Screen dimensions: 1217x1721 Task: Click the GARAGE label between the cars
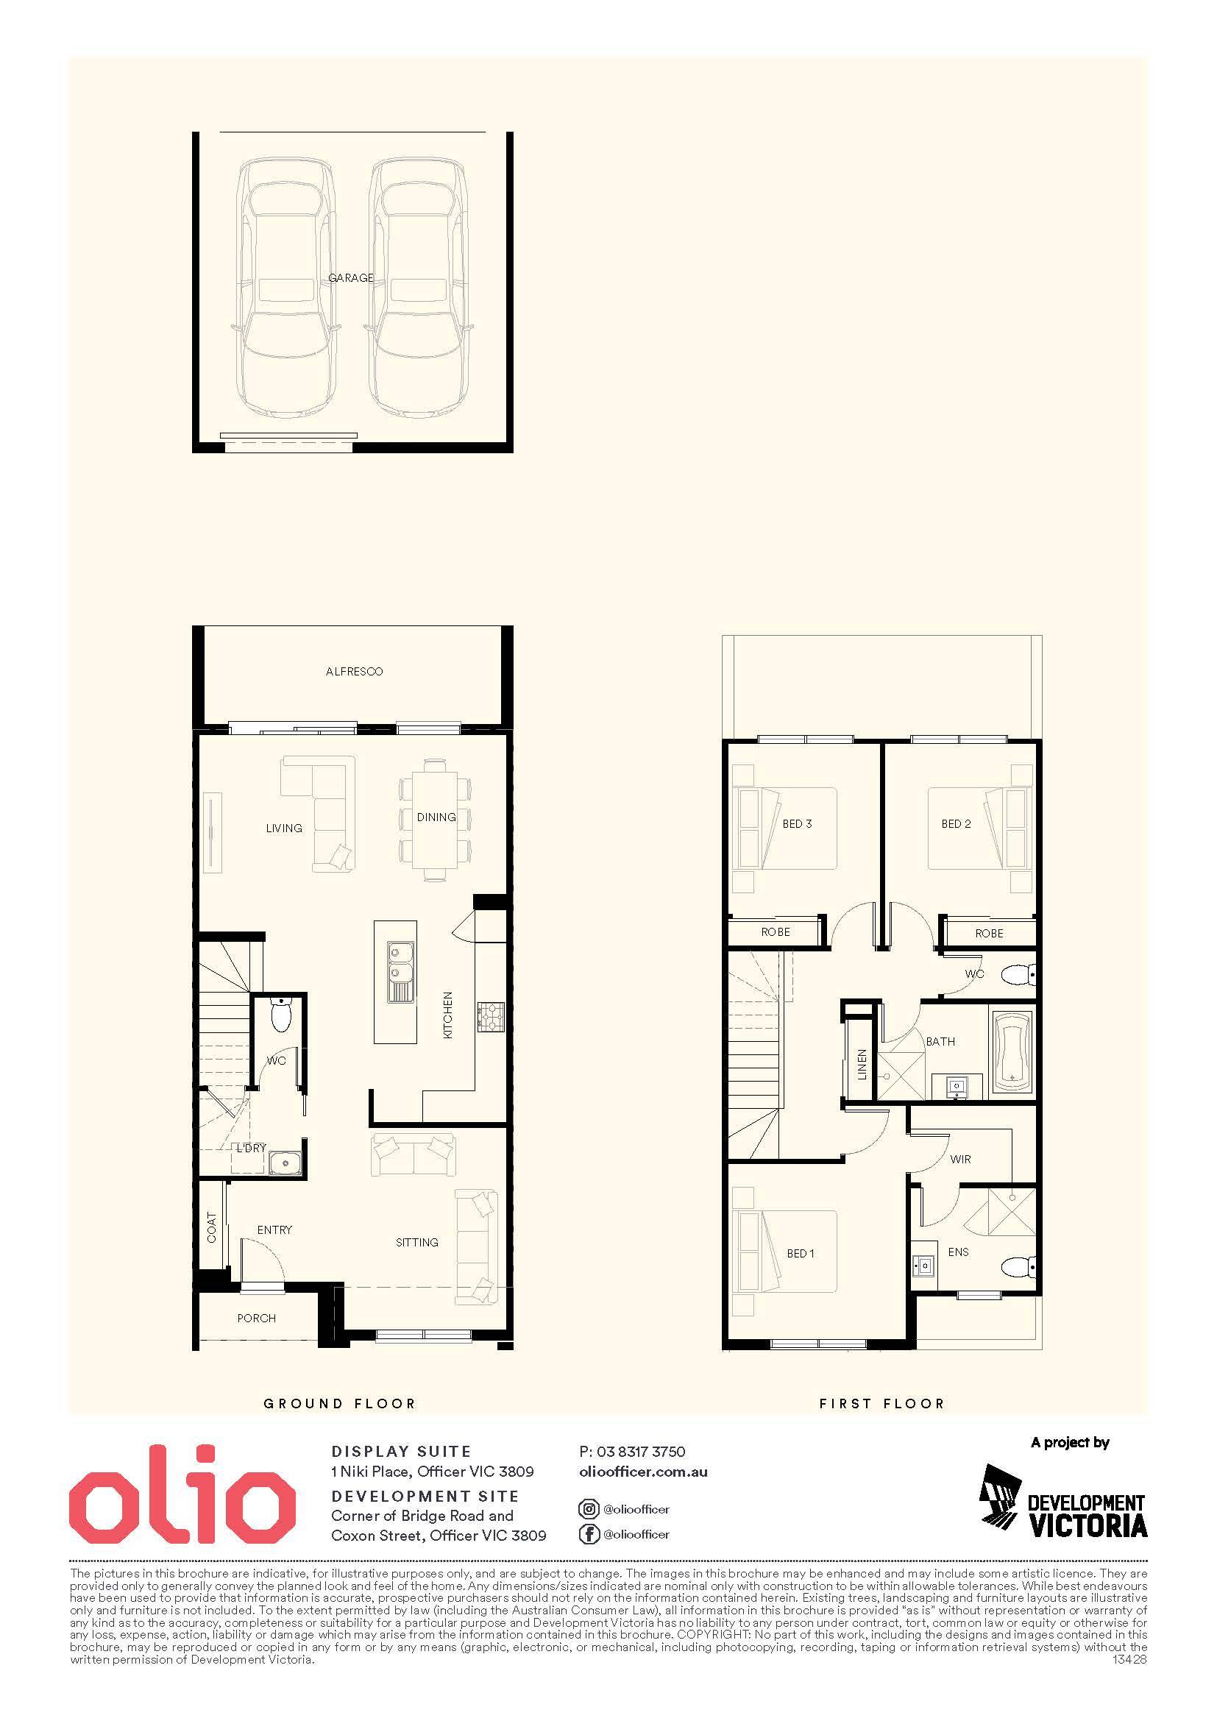click(351, 278)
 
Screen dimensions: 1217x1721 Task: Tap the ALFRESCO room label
click(355, 672)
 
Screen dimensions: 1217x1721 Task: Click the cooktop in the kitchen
click(492, 1017)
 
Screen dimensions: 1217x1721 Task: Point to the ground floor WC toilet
click(280, 1013)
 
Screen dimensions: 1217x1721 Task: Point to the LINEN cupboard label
click(862, 1065)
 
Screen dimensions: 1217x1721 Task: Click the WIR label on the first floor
click(960, 1160)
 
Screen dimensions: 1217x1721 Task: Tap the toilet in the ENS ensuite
click(1019, 1268)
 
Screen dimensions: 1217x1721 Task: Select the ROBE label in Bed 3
click(776, 932)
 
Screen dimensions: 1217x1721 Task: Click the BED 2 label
click(956, 824)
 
